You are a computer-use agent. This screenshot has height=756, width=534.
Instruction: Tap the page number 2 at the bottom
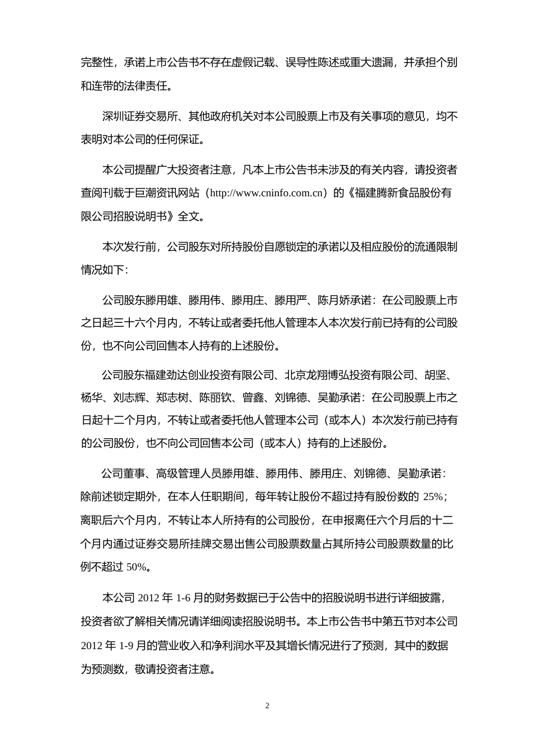point(267,706)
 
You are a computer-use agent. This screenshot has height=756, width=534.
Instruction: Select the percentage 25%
point(434,497)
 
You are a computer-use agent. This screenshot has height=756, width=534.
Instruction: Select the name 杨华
point(92,398)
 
